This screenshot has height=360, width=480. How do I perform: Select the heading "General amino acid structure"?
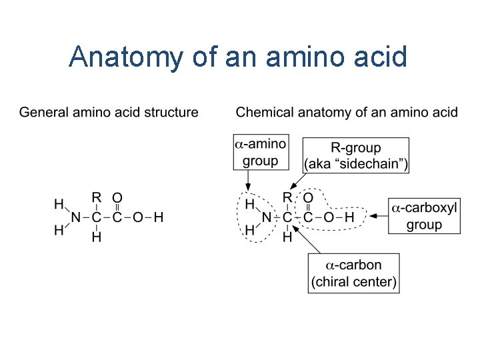109,112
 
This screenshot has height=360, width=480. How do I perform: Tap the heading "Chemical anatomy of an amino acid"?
347,112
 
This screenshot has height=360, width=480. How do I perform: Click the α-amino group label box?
260,151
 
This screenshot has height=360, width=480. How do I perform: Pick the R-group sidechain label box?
356,155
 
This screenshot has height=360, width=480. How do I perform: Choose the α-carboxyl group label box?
424,216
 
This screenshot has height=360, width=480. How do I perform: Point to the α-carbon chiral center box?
354,273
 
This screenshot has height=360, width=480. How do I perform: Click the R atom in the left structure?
96,197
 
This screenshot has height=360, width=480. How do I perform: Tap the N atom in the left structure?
76,217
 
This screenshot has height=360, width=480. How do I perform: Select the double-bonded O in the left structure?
117,197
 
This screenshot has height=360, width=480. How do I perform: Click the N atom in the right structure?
267,217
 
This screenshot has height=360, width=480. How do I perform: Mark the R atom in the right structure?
287,197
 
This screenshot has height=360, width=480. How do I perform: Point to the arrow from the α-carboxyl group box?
379,216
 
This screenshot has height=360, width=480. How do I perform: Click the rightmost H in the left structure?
158,217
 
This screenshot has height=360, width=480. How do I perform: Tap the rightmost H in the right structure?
349,217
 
